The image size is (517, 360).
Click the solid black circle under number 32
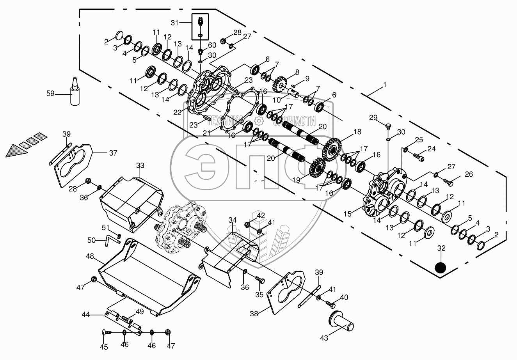click(441, 268)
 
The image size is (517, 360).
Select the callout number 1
click(384, 85)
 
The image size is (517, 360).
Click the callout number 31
click(175, 23)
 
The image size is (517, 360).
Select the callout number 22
click(178, 112)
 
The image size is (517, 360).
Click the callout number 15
click(347, 214)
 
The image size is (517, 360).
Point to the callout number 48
click(90, 256)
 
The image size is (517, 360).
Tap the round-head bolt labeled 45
click(107, 332)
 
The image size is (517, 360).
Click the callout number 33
click(140, 165)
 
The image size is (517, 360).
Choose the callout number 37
click(113, 153)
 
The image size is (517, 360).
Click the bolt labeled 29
click(389, 127)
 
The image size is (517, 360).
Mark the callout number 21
click(206, 133)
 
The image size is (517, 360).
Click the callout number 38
click(254, 314)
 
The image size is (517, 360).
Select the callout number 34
click(233, 220)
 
